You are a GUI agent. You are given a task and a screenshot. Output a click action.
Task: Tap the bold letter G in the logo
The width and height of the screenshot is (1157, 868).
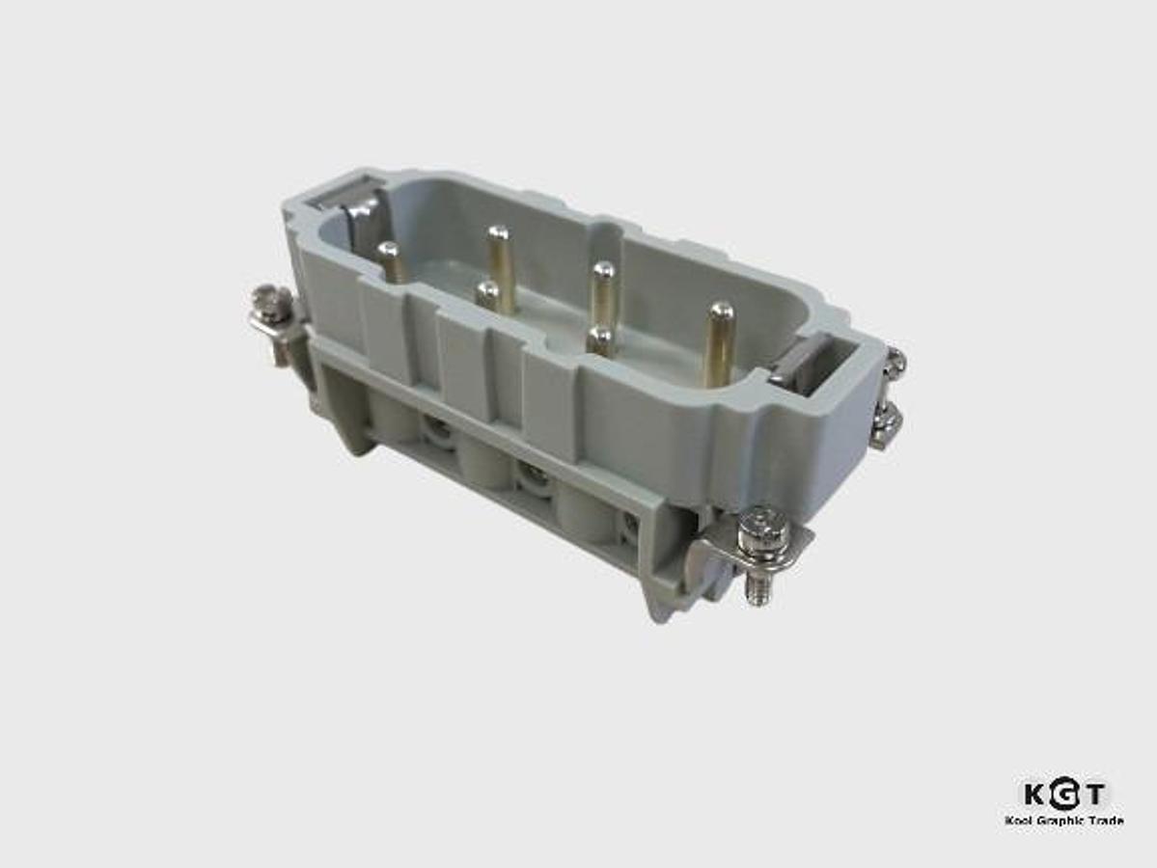point(1063,795)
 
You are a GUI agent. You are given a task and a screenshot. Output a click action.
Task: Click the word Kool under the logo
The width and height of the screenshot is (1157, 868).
point(1018,821)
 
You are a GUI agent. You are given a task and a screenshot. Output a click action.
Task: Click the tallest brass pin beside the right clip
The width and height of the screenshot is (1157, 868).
point(719,343)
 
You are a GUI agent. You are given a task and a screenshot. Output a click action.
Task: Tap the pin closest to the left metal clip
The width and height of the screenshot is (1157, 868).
point(390,260)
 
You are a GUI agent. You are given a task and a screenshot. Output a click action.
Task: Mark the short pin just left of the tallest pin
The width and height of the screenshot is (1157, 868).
point(600,339)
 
